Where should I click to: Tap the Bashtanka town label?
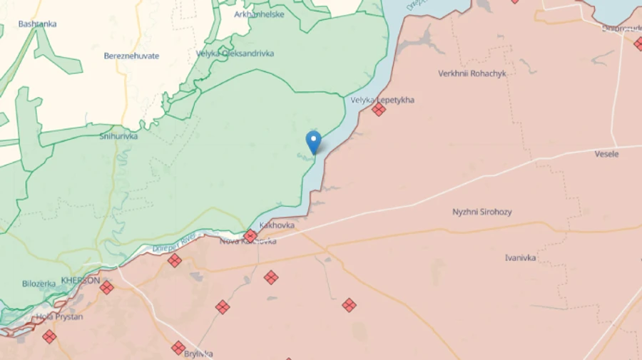pos(38,24)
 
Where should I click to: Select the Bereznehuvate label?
pos(131,56)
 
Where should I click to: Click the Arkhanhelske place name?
pos(259,14)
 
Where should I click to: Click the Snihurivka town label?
pos(118,136)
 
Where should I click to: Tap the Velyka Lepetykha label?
pos(382,100)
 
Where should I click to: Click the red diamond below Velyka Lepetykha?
pos(379,110)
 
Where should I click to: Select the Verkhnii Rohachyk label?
pos(472,73)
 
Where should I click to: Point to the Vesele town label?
pos(607,154)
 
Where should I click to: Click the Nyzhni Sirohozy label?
pos(482,212)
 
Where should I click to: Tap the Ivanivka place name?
pos(520,257)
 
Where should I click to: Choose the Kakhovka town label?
pos(277,225)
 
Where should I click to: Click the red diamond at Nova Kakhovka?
pos(250,236)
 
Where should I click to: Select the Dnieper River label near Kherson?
pos(173,244)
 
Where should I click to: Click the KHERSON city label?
pos(81,280)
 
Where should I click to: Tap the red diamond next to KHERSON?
pos(106,287)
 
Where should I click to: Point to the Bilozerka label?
pos(39,283)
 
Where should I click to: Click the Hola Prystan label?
pos(59,317)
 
